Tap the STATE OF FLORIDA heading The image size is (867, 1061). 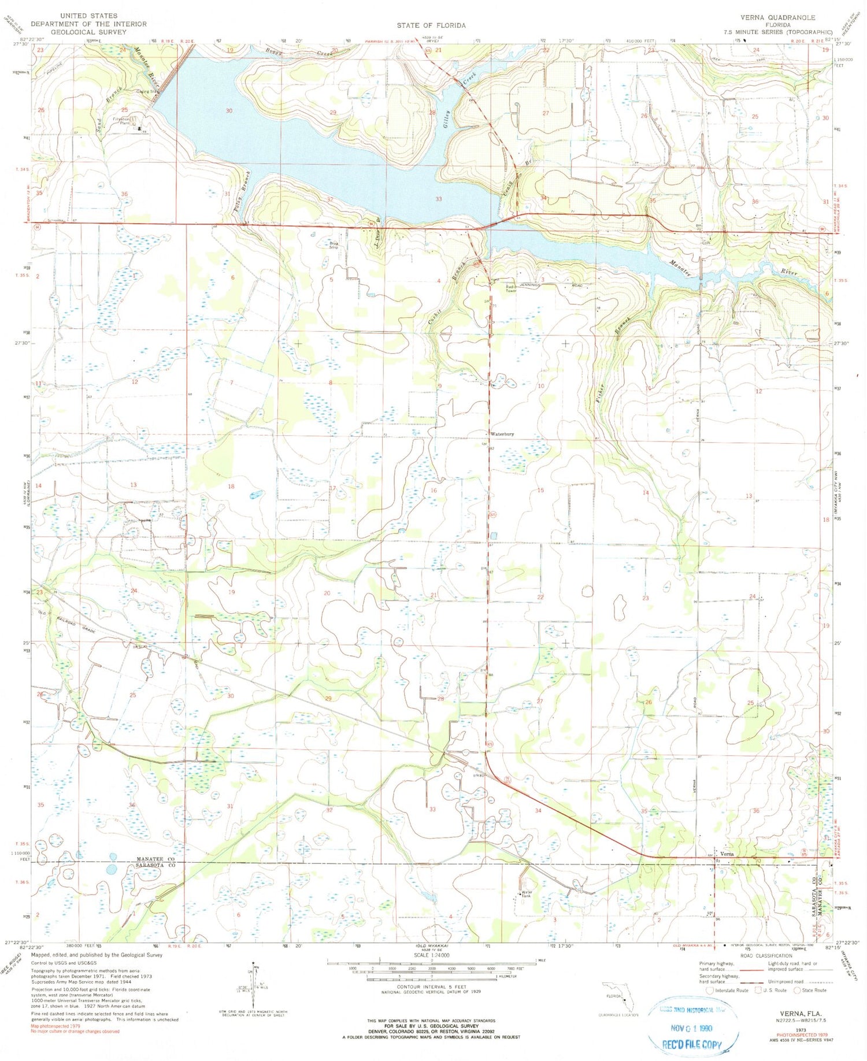(x=431, y=25)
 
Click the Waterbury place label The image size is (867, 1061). (x=502, y=433)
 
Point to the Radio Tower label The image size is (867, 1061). (x=511, y=288)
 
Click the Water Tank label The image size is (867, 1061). (x=526, y=894)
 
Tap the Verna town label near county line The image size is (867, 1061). (x=727, y=854)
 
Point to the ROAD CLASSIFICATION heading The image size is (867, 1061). (x=766, y=955)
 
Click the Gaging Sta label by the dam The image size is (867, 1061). (x=147, y=91)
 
